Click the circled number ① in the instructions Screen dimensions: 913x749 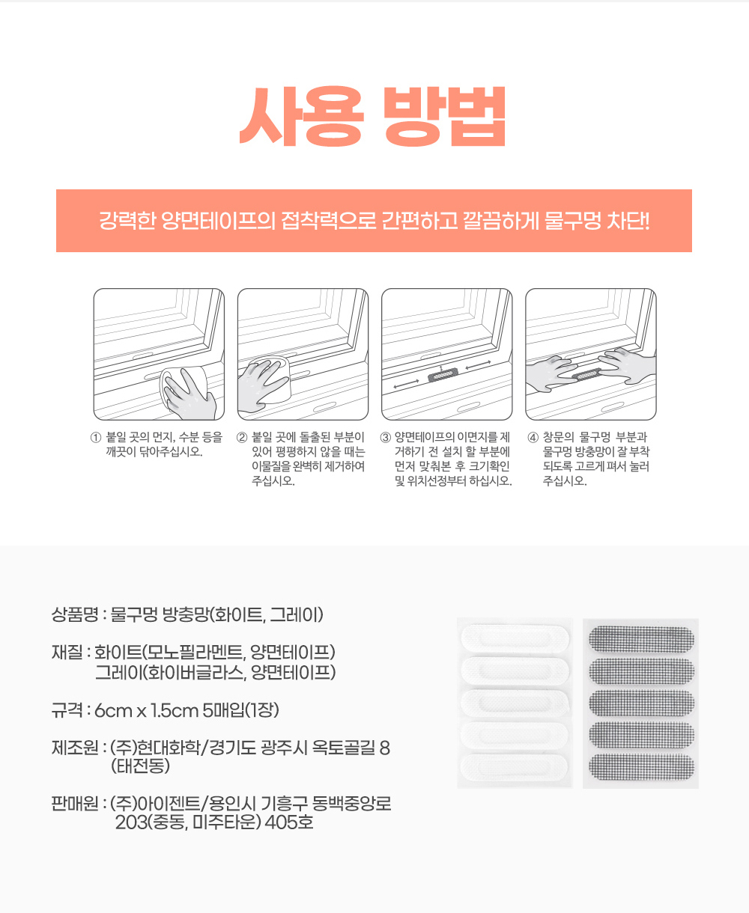(x=95, y=438)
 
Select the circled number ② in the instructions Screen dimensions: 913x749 (x=242, y=438)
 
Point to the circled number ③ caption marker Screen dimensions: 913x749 (x=386, y=438)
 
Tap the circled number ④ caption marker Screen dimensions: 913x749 (x=533, y=438)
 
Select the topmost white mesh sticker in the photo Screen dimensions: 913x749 (x=515, y=638)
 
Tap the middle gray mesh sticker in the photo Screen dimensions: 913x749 (x=640, y=703)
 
